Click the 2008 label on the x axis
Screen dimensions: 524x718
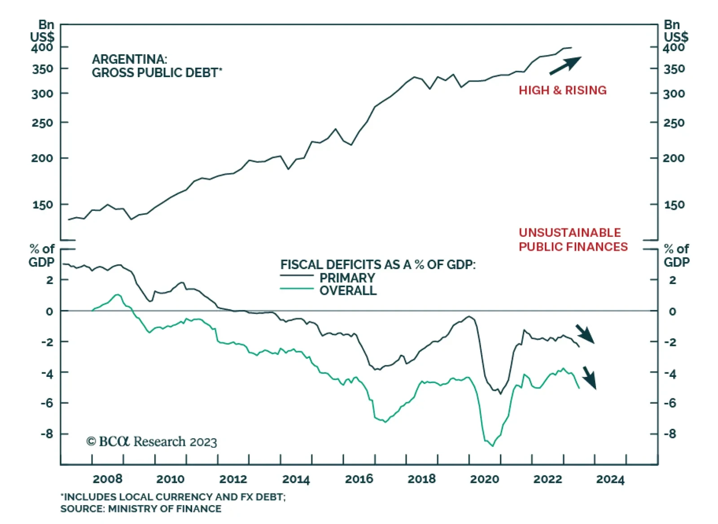point(107,479)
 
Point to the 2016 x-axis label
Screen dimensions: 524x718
point(359,479)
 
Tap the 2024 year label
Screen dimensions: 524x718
point(610,479)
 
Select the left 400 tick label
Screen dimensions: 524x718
point(42,47)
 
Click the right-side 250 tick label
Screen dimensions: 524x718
point(674,122)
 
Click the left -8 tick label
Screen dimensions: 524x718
point(47,434)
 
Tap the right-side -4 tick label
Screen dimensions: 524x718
point(670,373)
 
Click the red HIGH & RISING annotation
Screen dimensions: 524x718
point(562,90)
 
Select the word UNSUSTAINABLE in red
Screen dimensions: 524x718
point(569,232)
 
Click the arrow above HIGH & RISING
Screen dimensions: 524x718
point(565,65)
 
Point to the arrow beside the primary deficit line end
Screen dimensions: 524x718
point(585,334)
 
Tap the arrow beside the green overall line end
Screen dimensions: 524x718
point(589,377)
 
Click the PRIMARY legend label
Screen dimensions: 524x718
point(347,278)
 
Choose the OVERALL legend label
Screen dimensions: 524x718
point(348,291)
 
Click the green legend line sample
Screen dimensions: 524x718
point(297,288)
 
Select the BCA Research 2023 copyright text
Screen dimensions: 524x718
point(152,442)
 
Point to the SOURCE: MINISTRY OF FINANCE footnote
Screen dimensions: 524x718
point(141,509)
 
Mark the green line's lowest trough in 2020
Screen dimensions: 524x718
point(492,446)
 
